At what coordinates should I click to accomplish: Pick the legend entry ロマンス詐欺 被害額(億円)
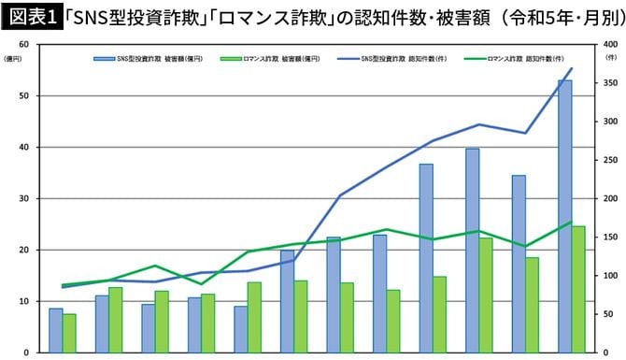tap(263, 59)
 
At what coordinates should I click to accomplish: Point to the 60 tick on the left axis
tap(27, 45)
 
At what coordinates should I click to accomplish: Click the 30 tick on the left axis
tap(27, 199)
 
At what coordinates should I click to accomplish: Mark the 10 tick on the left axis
tap(27, 302)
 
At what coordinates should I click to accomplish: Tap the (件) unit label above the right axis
tap(610, 58)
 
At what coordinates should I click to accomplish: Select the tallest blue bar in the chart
tap(564, 216)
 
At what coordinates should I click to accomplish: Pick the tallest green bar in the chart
tap(578, 289)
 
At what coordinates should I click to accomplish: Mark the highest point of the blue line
tap(572, 68)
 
